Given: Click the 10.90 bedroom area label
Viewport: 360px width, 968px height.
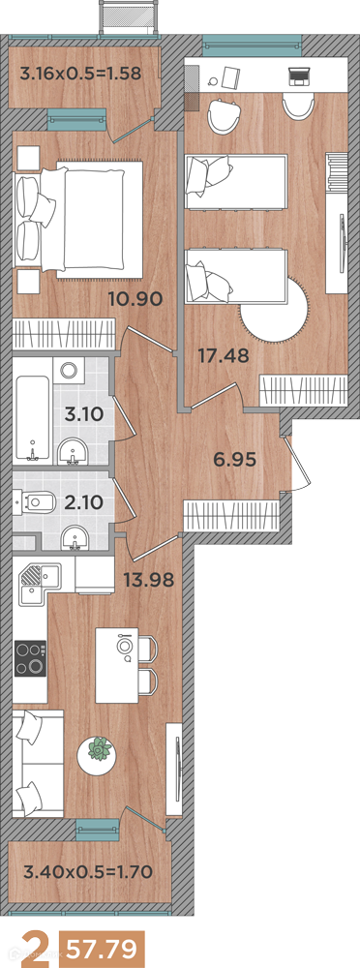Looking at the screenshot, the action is [x=135, y=300].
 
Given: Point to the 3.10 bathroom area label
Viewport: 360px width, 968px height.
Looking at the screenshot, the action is [x=84, y=413].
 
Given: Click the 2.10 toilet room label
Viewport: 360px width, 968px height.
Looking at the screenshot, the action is [x=83, y=499].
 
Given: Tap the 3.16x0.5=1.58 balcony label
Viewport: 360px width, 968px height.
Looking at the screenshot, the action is [x=81, y=74].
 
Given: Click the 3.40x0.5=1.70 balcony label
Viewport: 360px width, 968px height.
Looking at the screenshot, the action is [x=87, y=872].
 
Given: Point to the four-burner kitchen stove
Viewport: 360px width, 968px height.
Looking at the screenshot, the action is [x=30, y=658].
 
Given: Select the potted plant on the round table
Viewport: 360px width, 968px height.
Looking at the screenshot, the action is [x=99, y=749].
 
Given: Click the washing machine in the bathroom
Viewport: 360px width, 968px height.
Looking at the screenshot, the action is [x=69, y=372].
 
